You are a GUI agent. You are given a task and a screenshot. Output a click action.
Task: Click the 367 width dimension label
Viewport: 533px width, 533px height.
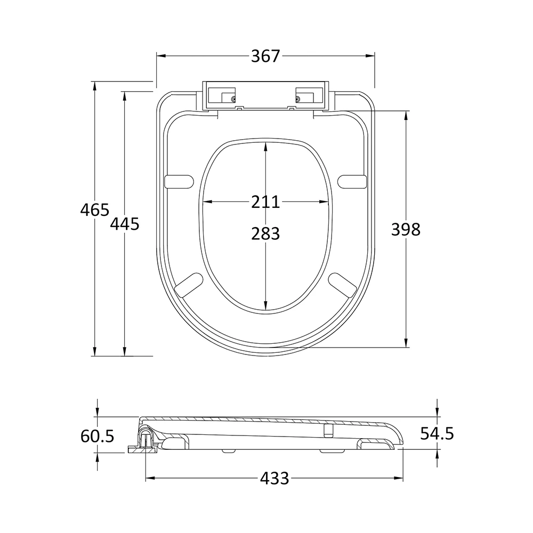pos(265,56)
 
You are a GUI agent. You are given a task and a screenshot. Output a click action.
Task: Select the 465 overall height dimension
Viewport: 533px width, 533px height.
pos(95,210)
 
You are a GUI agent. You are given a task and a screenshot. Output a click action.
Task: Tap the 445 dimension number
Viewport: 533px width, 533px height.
pos(125,224)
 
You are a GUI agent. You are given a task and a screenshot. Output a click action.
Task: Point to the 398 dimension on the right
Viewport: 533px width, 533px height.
pos(406,229)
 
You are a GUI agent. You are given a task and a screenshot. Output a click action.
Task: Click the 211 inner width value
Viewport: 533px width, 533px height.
pos(265,202)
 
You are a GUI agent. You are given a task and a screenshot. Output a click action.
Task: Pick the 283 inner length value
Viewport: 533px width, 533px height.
pos(265,233)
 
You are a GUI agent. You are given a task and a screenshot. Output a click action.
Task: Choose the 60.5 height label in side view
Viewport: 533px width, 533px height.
pos(98,436)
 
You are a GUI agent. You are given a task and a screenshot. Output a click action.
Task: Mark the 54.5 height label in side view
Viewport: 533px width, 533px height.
pos(437,433)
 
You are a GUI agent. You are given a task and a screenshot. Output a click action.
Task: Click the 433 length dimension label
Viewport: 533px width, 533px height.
pos(274,478)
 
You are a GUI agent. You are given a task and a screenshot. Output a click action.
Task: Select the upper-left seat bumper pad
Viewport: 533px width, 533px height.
pos(179,181)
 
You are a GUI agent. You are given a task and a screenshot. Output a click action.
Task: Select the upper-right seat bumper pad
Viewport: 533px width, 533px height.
pos(352,181)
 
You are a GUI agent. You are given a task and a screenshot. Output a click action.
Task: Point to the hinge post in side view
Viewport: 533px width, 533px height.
pos(146,440)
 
